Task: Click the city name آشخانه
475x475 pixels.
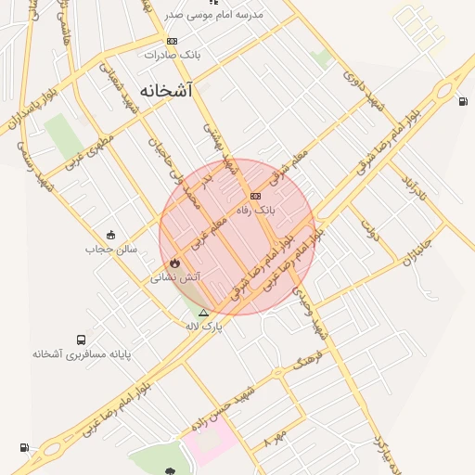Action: point(167,91)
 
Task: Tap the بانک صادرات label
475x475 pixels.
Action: point(179,55)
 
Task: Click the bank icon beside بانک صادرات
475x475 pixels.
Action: point(172,41)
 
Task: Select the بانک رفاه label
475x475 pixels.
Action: point(256,211)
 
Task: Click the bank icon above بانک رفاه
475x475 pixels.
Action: point(255,196)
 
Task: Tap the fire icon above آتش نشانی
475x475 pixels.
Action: point(174,263)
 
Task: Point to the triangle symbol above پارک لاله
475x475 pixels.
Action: point(203,313)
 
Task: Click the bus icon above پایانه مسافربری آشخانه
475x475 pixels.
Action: point(82,340)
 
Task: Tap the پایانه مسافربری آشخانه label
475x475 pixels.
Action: point(82,354)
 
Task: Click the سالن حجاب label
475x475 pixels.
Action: point(111,249)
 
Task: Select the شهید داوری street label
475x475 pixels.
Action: point(363,90)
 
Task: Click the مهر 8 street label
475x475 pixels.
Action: point(276,435)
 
